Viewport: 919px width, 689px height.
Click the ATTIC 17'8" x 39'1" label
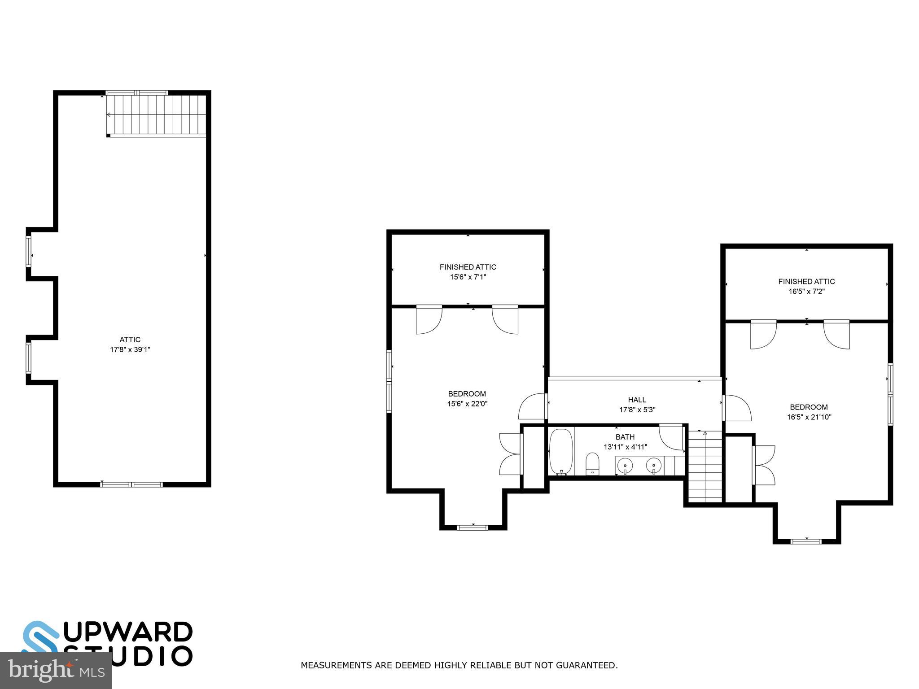pyautogui.click(x=130, y=344)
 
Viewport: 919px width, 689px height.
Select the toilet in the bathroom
pyautogui.click(x=592, y=463)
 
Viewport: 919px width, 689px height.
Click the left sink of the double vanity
pyautogui.click(x=625, y=466)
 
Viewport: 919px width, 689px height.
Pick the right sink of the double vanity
pyautogui.click(x=654, y=466)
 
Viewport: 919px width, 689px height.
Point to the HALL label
pyautogui.click(x=637, y=400)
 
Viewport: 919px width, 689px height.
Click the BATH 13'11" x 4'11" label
pyautogui.click(x=625, y=441)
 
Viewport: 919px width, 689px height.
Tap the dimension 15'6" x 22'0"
pyautogui.click(x=467, y=404)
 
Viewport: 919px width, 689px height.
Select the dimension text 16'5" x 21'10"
pyautogui.click(x=809, y=417)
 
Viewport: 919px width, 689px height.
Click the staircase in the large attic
pyautogui.click(x=156, y=115)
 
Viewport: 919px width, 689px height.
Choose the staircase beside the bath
pyautogui.click(x=705, y=467)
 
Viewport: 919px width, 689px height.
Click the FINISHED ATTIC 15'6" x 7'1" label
pyautogui.click(x=468, y=272)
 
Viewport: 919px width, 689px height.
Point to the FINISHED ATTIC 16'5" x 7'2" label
pyautogui.click(x=806, y=286)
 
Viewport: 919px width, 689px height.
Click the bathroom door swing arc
pyautogui.click(x=671, y=437)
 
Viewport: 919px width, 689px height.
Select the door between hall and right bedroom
pyautogui.click(x=737, y=407)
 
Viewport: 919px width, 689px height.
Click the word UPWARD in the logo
pyautogui.click(x=131, y=632)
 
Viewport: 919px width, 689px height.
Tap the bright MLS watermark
pyautogui.click(x=56, y=671)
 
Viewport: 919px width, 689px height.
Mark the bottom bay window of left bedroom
pyautogui.click(x=473, y=527)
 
